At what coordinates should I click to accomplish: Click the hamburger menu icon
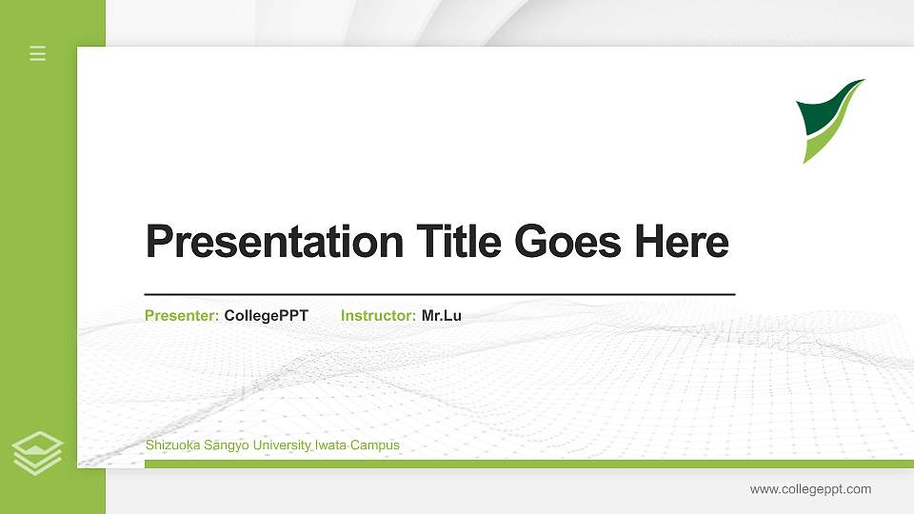[x=38, y=53]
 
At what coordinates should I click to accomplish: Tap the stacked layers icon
[x=38, y=452]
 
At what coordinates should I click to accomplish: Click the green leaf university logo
[x=828, y=120]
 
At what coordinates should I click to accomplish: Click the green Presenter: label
[x=182, y=315]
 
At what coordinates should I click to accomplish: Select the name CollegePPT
[x=266, y=315]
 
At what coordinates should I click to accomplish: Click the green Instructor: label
[x=378, y=315]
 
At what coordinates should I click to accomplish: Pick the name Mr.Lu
[x=441, y=315]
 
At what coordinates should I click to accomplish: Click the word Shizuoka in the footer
[x=170, y=445]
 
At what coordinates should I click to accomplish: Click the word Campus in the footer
[x=375, y=445]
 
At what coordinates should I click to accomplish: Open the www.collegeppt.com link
[x=810, y=489]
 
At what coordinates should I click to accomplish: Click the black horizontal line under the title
[x=439, y=294]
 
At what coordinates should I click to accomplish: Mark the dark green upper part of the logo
[x=821, y=110]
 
